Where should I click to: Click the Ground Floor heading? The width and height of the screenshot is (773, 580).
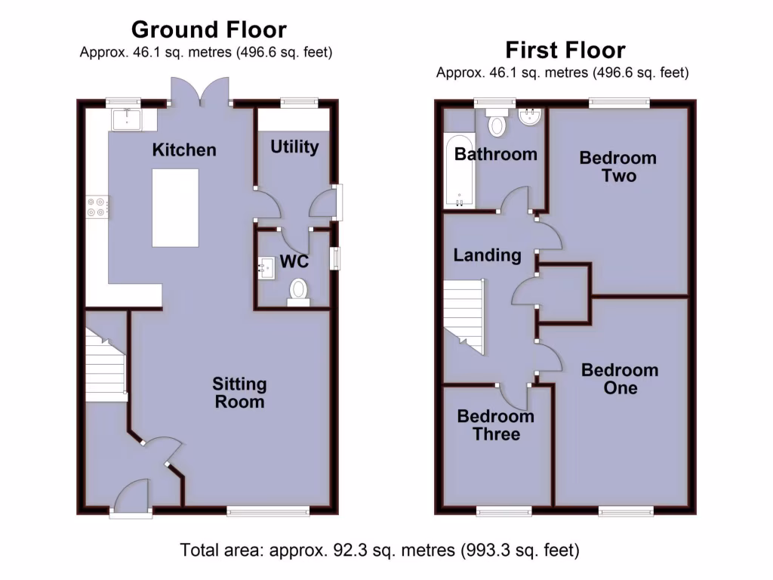coord(208,29)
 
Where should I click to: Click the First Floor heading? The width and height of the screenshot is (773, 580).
coord(565,50)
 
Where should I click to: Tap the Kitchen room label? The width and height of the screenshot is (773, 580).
coord(184,150)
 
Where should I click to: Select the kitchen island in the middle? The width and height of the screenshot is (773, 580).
coord(176,207)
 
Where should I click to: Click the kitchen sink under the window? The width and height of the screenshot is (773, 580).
coord(126,119)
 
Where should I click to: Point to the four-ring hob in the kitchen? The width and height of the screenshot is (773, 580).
coord(98,206)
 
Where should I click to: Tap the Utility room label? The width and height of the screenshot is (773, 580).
coord(294,147)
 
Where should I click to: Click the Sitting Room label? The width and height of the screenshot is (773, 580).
coord(239,393)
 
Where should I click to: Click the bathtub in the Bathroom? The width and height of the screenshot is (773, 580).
coord(458,171)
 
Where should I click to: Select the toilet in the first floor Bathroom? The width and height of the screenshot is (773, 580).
coord(497,122)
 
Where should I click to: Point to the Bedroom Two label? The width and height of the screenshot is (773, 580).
coord(618,167)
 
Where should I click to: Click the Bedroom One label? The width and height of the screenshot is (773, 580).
coord(620,379)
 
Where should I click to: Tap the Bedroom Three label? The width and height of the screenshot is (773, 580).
coord(496,425)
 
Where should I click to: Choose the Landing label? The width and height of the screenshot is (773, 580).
coord(487,255)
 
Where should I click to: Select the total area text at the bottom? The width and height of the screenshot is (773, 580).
coord(380,549)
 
